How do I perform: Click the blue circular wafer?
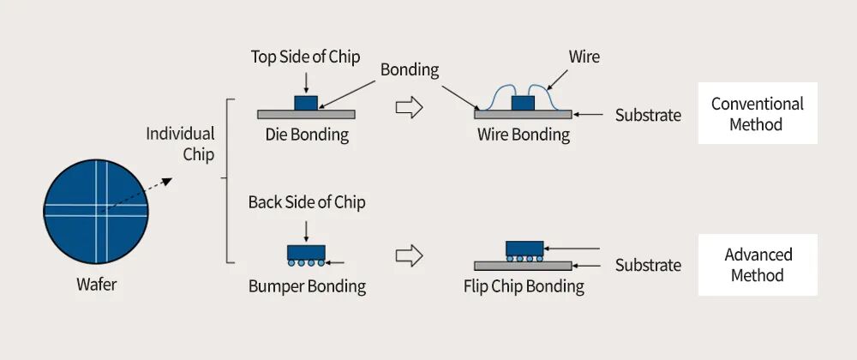tap(96, 211)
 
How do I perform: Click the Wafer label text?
tap(96, 285)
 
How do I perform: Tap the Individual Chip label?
tap(180, 144)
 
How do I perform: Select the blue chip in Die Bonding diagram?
tap(306, 102)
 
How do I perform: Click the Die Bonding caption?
tap(306, 135)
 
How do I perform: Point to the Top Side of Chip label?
tap(305, 57)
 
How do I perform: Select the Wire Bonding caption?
tap(523, 135)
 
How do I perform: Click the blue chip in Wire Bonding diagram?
tap(523, 103)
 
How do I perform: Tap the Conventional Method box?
tap(757, 114)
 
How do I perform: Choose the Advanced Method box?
tap(758, 265)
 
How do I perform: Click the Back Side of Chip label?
tap(306, 203)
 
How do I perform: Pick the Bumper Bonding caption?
tap(306, 286)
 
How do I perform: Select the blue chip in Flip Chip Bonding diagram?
tap(524, 248)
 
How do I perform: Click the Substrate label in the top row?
tap(648, 115)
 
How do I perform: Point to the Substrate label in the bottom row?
tap(648, 265)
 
